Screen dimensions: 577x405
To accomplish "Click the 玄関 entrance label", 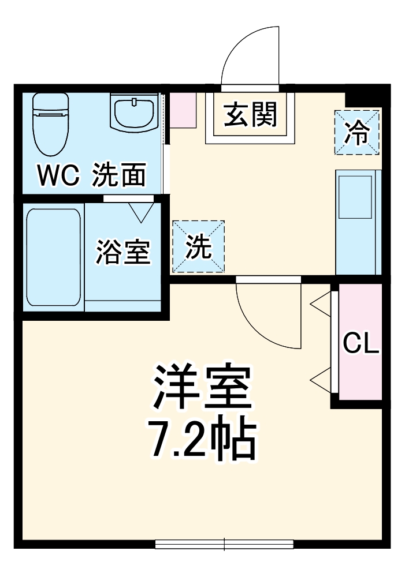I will coord(251,115).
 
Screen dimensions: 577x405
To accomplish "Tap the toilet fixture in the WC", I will coord(51,122).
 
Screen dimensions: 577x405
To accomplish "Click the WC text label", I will coord(57,176).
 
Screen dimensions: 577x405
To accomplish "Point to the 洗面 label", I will coord(119,175).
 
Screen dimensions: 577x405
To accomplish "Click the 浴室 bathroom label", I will coord(123,252).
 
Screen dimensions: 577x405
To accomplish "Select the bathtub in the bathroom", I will coord(54,257).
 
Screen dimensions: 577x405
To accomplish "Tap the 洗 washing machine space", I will coord(198,246).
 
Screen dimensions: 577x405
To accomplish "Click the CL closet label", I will coord(361,344).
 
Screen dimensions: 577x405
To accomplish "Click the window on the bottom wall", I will coord(224,544).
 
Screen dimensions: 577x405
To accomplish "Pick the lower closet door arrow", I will coord(321,380).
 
